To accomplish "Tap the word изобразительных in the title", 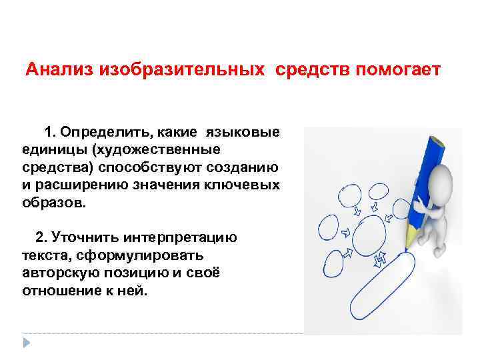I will [x=179, y=70].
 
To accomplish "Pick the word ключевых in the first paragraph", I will [x=247, y=185].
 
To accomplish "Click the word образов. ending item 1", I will [x=53, y=202].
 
